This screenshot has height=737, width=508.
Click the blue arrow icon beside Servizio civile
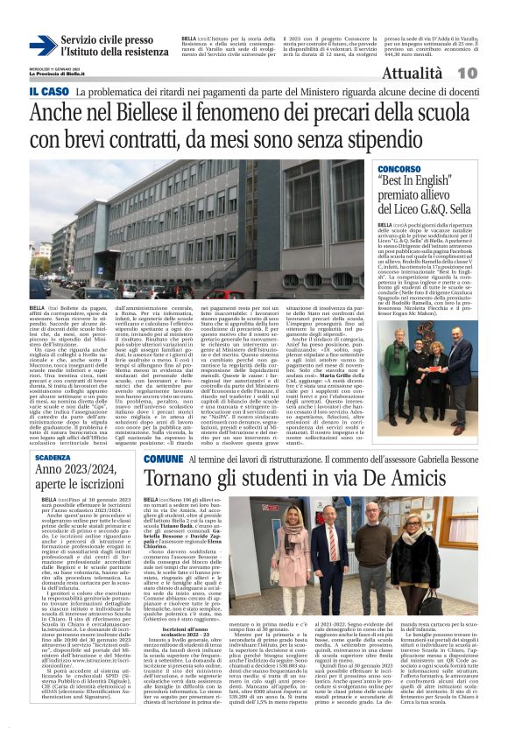click(42, 46)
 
